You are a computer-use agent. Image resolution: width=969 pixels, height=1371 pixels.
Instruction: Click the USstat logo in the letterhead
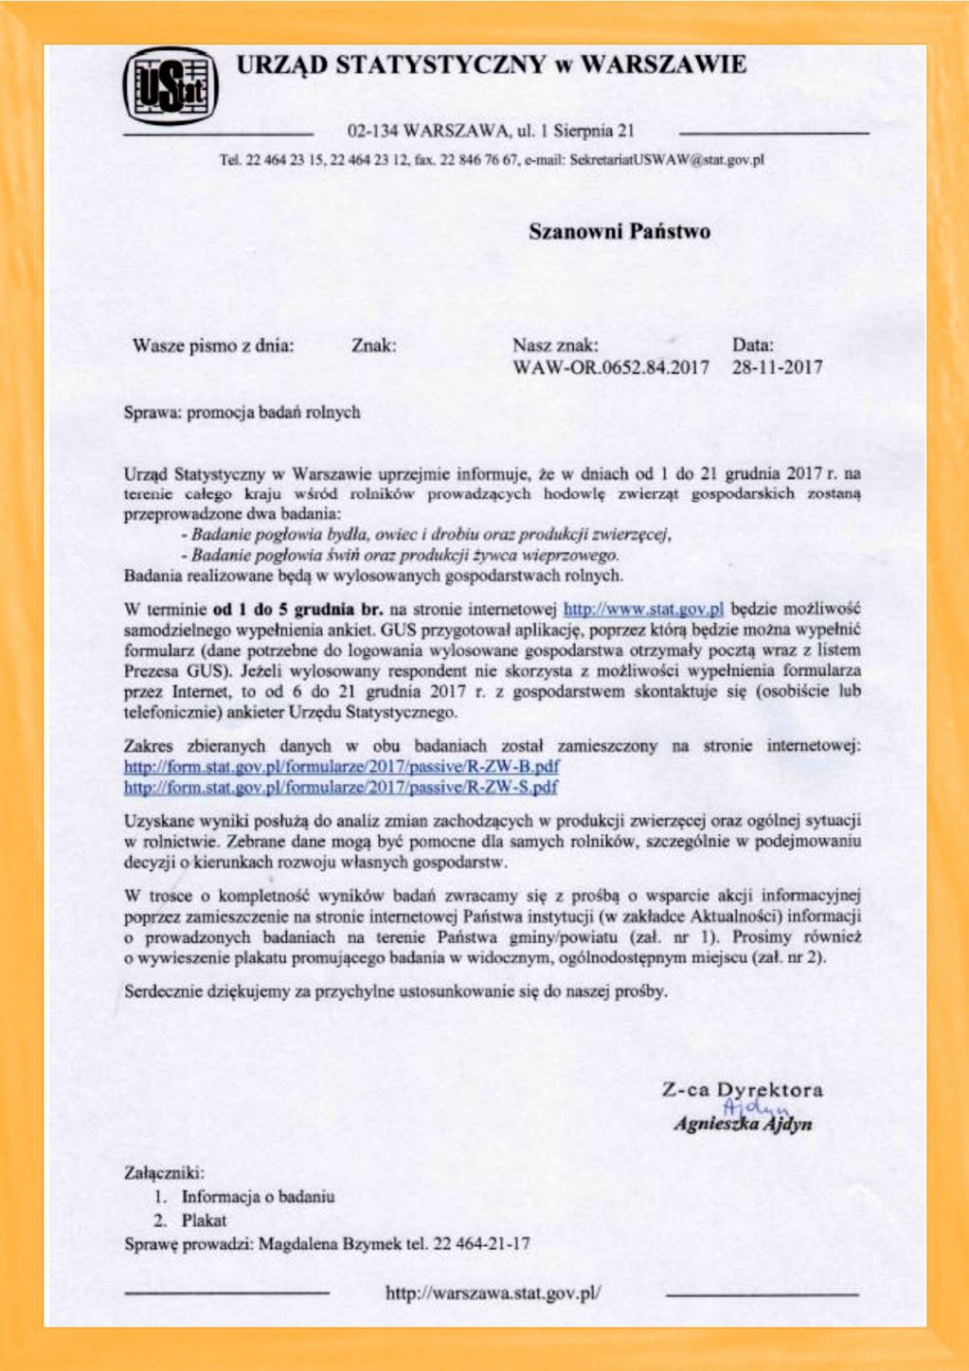(170, 87)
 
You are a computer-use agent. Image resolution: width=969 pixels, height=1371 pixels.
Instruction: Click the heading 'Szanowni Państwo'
(619, 232)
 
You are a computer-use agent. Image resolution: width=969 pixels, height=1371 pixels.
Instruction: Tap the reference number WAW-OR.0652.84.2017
(611, 367)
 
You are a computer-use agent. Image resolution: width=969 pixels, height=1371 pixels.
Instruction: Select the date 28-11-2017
(777, 367)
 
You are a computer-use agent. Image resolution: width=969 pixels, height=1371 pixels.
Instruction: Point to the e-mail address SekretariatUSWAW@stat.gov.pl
(667, 160)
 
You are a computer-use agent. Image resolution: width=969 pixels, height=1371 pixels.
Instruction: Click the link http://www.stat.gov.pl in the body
(643, 609)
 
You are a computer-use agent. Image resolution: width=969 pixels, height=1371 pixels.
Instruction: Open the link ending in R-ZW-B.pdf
(341, 767)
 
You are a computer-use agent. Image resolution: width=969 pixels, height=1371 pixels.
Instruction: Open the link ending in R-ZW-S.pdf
(341, 788)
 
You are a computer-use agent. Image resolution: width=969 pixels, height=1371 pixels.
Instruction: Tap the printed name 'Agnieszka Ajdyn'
(743, 1125)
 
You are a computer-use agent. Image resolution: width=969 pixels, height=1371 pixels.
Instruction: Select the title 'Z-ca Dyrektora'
(742, 1090)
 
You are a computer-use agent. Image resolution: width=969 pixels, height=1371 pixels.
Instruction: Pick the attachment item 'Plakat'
(204, 1220)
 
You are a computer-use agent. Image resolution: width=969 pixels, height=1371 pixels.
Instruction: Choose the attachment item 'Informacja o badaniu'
(258, 1197)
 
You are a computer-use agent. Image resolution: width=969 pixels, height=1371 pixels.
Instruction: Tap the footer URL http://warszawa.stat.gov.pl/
(493, 1292)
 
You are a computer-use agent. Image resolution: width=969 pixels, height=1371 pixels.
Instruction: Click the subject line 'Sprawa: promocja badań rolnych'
(242, 413)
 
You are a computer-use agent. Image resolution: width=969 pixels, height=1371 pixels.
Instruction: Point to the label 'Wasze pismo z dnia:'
(213, 346)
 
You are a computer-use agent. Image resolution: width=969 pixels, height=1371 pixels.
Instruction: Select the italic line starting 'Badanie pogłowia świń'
(404, 555)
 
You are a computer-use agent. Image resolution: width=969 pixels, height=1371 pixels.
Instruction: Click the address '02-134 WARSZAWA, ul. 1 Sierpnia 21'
(491, 131)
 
